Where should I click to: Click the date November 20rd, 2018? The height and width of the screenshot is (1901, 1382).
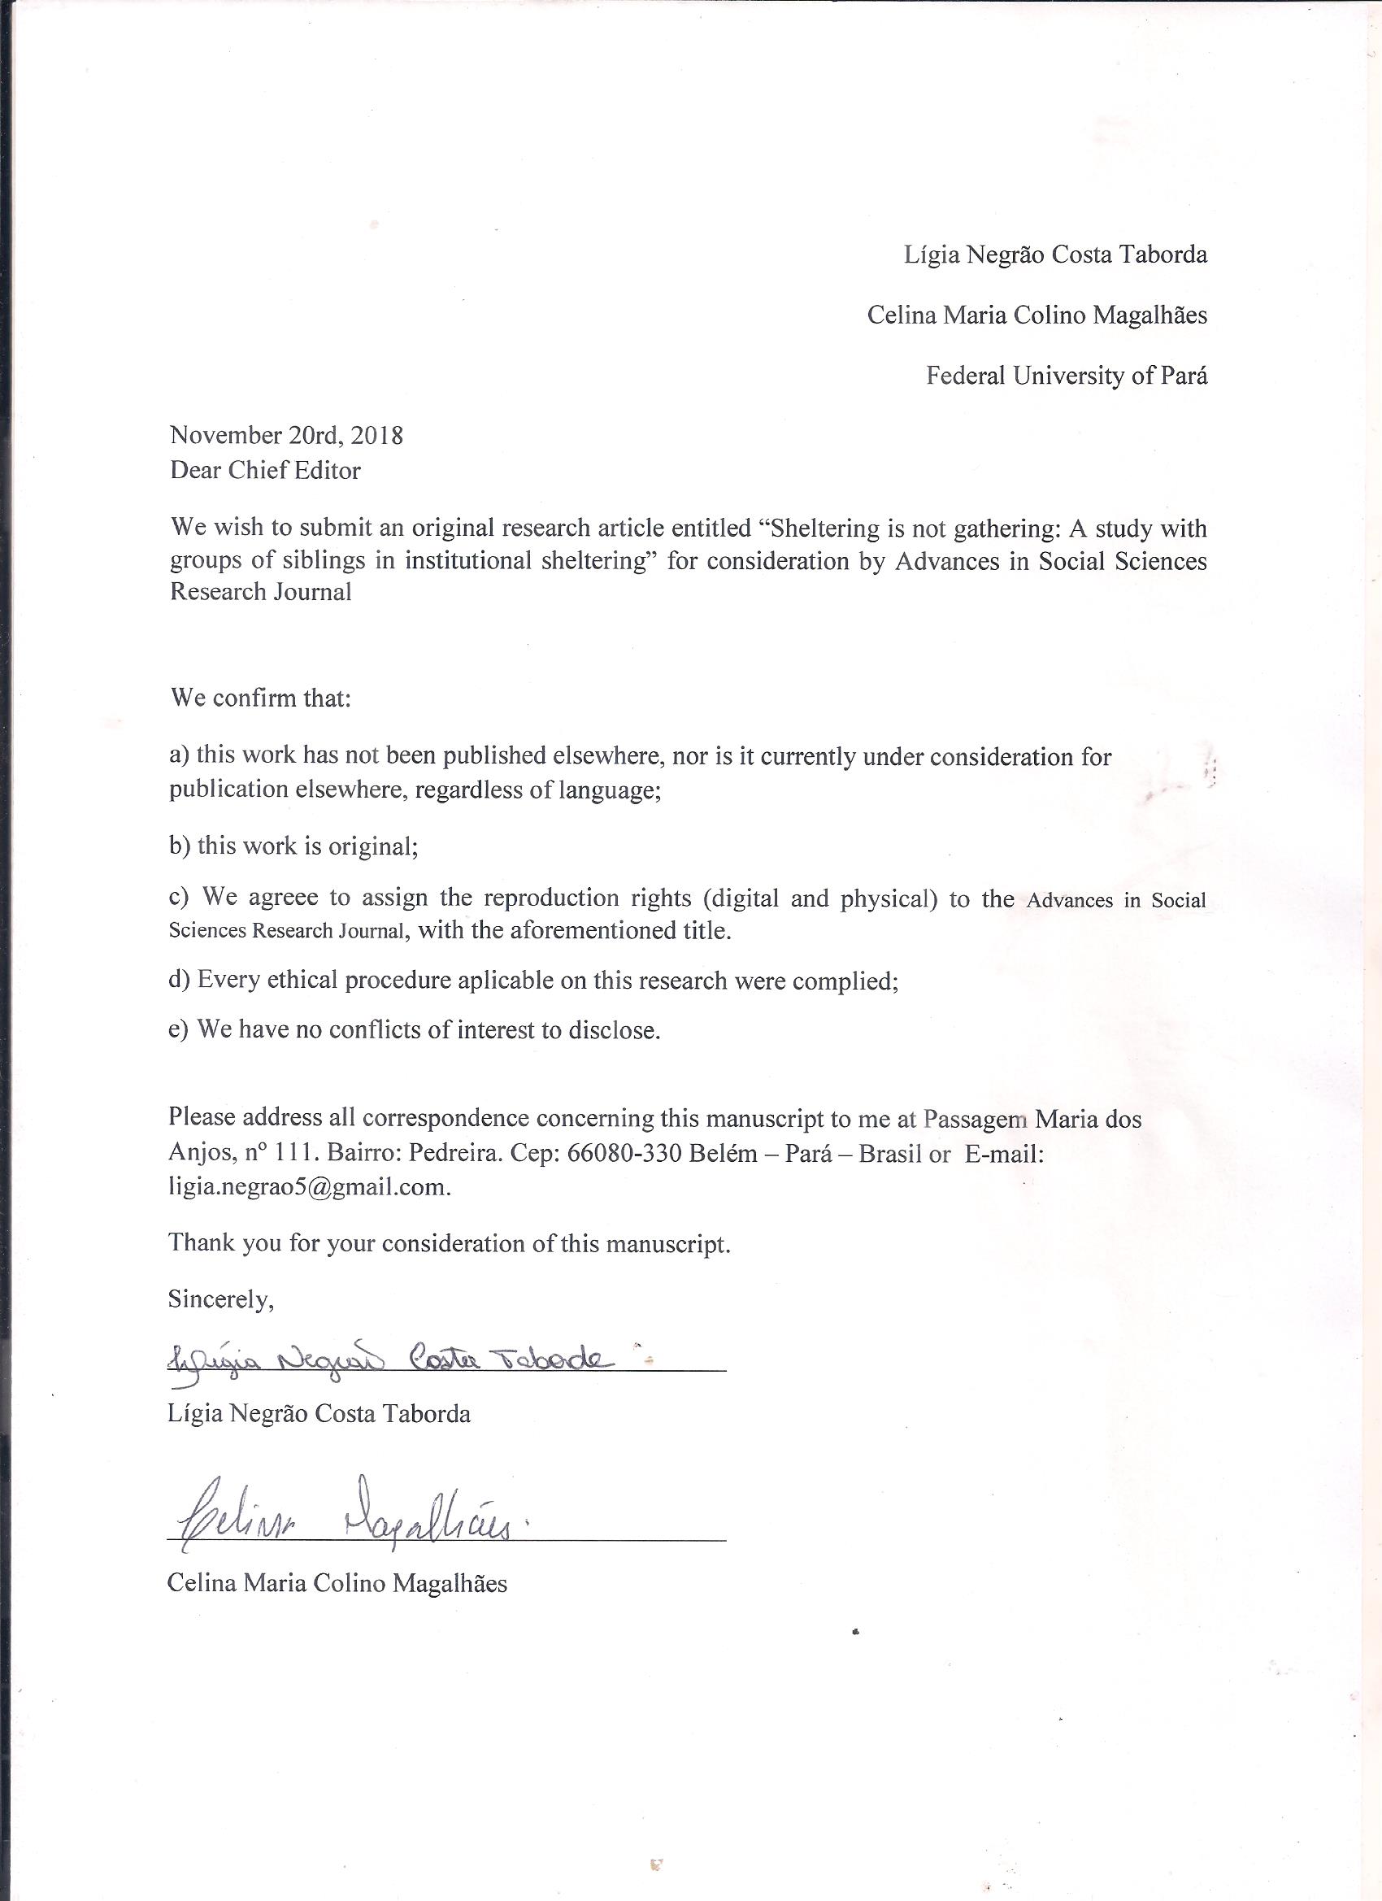tap(286, 436)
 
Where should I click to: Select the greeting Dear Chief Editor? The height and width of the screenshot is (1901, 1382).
tap(265, 470)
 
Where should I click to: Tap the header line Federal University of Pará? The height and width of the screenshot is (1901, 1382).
tap(1066, 376)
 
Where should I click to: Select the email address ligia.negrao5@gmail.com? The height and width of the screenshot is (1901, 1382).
tap(308, 1189)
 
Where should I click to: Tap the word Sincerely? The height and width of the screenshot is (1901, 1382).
tap(220, 1299)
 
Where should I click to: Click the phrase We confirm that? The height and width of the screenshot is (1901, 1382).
tap(260, 698)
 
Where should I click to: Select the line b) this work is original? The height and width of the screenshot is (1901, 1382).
tap(293, 846)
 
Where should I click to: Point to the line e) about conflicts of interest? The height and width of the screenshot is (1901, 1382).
tap(414, 1029)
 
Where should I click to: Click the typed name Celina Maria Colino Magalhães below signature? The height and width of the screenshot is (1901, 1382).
tap(337, 1582)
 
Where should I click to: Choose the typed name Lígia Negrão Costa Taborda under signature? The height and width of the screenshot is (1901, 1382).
tap(319, 1414)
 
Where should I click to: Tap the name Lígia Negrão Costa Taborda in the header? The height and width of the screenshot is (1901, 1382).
tap(1055, 254)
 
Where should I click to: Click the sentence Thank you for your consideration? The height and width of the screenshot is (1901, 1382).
tap(450, 1243)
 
